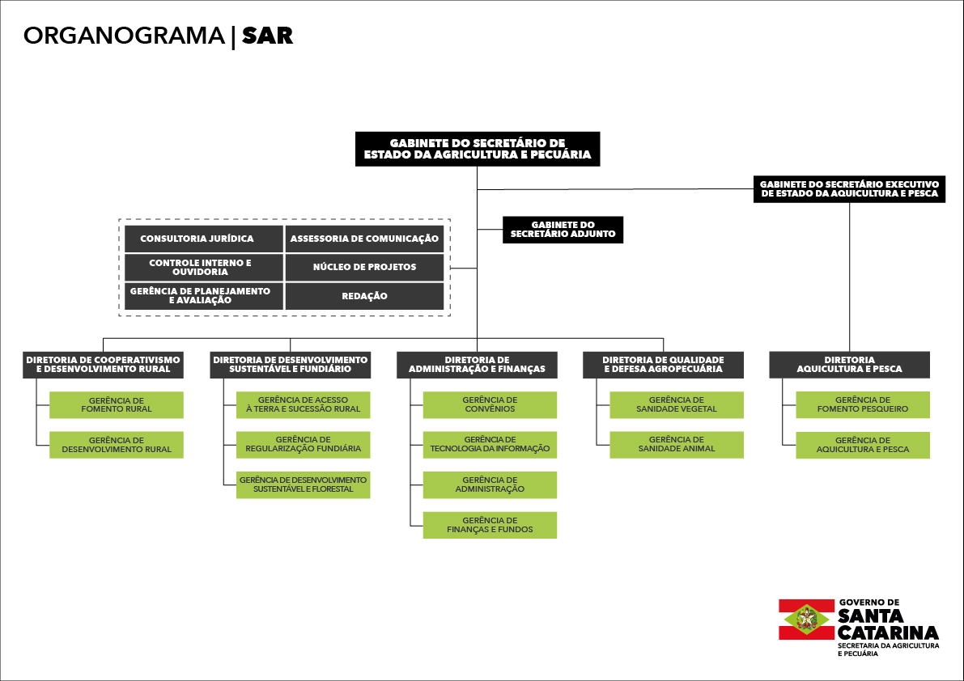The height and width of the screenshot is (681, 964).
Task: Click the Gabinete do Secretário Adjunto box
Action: pyautogui.click(x=563, y=230)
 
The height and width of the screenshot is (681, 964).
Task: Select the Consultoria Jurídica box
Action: pyautogui.click(x=203, y=239)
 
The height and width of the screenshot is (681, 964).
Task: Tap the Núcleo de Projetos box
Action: pyautogui.click(x=364, y=267)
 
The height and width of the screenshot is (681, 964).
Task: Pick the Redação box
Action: pyautogui.click(x=364, y=296)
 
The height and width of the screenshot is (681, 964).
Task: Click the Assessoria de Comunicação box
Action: pyautogui.click(x=364, y=239)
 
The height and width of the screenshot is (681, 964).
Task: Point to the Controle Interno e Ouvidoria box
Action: pyautogui.click(x=203, y=267)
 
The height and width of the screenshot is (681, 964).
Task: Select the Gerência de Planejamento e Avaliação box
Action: pyautogui.click(x=203, y=296)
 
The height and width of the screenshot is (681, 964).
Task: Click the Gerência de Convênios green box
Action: pyautogui.click(x=490, y=404)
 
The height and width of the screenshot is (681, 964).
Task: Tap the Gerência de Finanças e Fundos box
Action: pyautogui.click(x=490, y=525)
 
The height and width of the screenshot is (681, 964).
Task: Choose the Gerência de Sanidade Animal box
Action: pyautogui.click(x=677, y=445)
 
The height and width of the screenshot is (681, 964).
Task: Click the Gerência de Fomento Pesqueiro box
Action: pyautogui.click(x=863, y=404)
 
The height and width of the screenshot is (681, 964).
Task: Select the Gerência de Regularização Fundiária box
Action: pyautogui.click(x=303, y=445)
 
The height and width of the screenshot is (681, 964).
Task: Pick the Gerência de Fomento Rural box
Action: pyautogui.click(x=117, y=404)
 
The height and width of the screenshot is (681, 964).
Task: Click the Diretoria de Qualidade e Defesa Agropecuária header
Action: pyautogui.click(x=664, y=365)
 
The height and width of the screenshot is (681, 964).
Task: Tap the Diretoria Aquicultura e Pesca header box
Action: pyautogui.click(x=850, y=365)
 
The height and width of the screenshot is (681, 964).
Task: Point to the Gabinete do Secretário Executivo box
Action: pyautogui.click(x=850, y=189)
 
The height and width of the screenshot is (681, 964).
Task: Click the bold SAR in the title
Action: pyautogui.click(x=267, y=36)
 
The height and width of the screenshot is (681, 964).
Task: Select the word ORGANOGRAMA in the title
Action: pyautogui.click(x=124, y=36)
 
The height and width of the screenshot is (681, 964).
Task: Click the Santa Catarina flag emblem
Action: pyautogui.click(x=806, y=620)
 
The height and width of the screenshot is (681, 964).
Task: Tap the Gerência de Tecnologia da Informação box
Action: pyautogui.click(x=490, y=445)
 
